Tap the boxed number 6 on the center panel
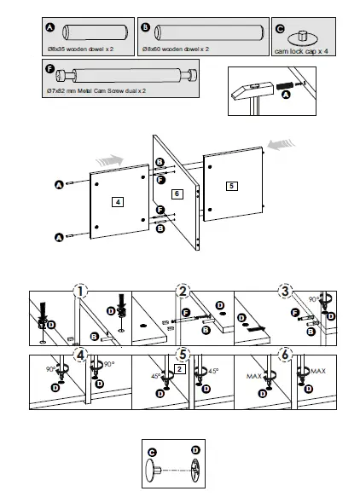[177, 194]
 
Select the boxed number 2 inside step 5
[179, 369]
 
